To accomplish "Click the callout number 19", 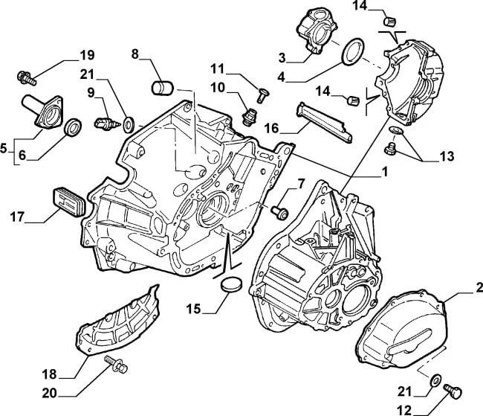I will tap(87, 54).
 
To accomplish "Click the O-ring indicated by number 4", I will tap(351, 52).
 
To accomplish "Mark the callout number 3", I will tap(282, 57).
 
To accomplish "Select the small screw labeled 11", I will tap(262, 93).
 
